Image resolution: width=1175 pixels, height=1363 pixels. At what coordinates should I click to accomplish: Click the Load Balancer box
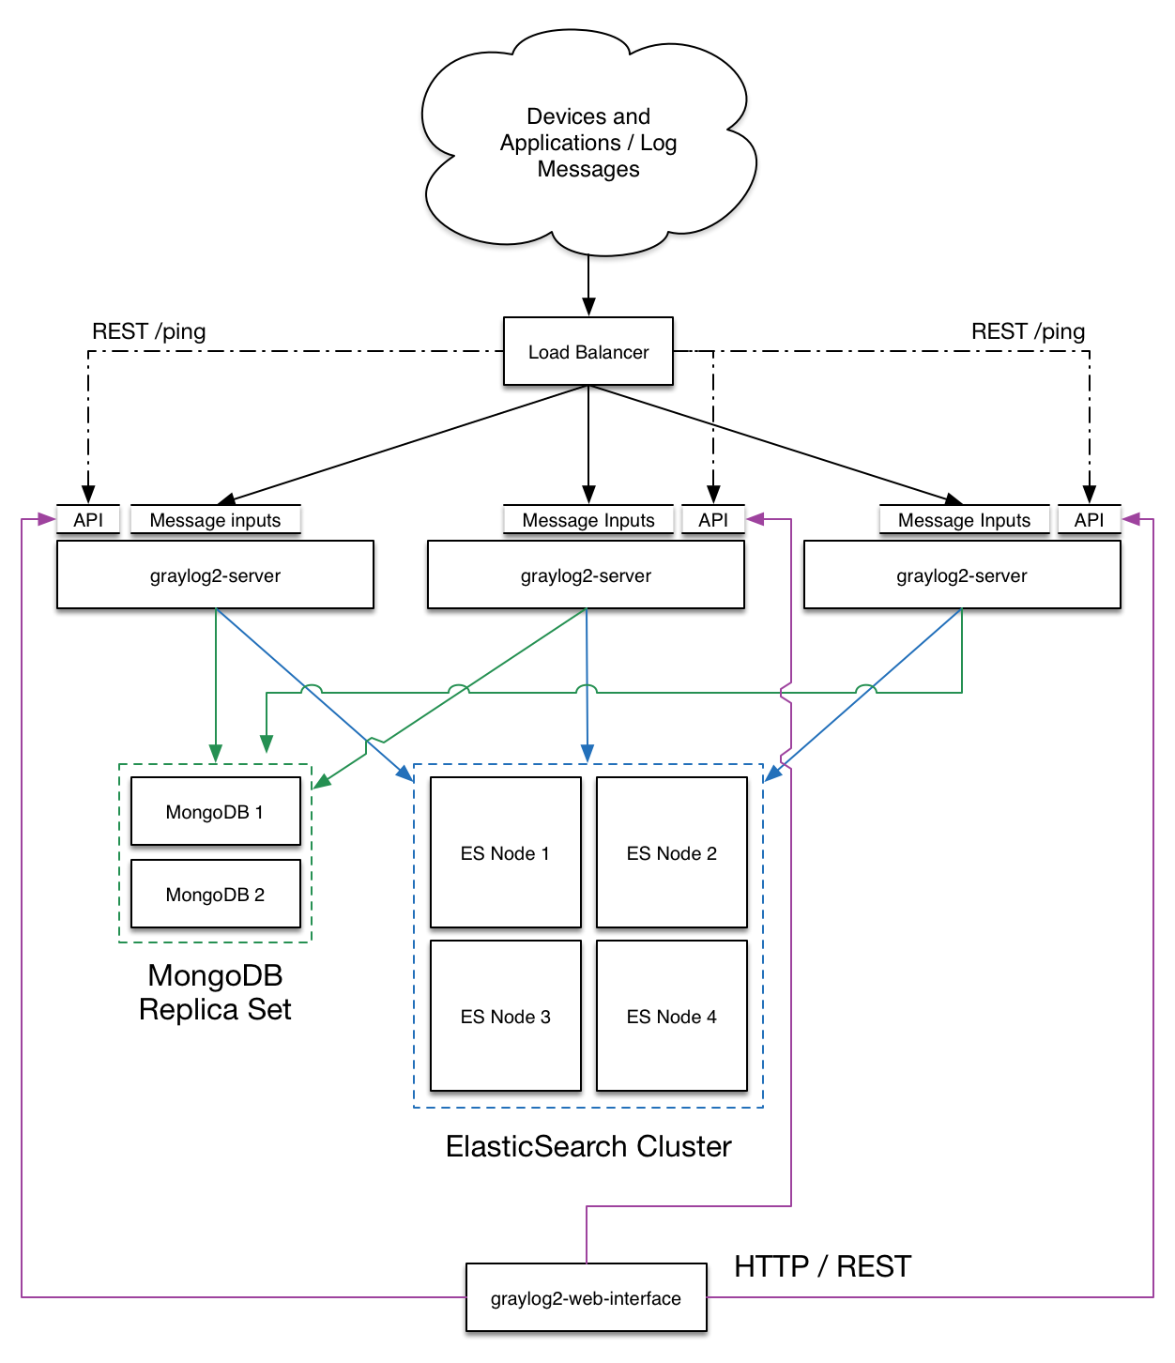[587, 351]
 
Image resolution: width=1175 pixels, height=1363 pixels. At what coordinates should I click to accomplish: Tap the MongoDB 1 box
[215, 810]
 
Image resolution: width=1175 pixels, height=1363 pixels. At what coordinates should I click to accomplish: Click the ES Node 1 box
[505, 851]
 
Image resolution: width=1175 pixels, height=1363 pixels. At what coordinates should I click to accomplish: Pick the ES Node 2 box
[671, 851]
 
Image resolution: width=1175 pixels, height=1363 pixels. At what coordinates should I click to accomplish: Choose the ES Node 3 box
[505, 1016]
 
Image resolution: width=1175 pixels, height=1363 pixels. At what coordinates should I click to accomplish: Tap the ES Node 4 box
[671, 1016]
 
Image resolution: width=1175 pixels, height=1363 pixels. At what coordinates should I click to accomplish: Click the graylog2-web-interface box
[586, 1296]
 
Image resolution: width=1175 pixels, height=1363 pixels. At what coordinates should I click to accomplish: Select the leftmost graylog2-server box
[215, 574]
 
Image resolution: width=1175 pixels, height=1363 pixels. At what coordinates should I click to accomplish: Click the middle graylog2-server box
[586, 574]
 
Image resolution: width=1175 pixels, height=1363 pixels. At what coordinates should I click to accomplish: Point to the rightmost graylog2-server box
[961, 574]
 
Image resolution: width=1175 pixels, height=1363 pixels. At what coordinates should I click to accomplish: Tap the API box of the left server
[88, 519]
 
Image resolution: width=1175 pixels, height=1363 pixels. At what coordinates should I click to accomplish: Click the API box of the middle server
[712, 519]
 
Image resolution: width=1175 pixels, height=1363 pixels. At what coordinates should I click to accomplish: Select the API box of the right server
[1089, 519]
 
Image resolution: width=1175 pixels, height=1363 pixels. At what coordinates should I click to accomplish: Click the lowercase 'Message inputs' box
[215, 519]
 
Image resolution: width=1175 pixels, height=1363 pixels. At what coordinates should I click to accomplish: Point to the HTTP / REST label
[822, 1266]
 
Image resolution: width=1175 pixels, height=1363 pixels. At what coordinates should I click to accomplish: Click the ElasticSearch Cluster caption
[588, 1147]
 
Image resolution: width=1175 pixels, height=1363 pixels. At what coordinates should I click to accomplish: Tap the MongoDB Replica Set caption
[215, 992]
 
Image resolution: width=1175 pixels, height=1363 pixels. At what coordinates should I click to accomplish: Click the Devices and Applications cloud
[588, 142]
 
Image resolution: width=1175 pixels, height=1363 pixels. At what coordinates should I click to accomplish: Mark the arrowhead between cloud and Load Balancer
[588, 307]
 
